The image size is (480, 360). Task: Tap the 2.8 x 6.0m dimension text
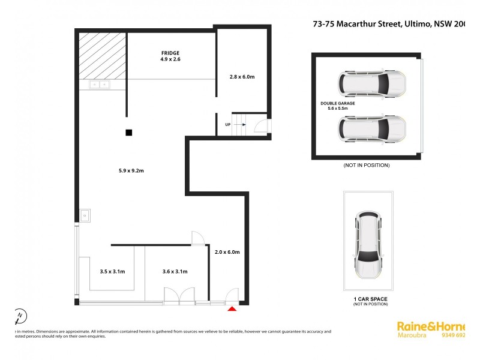[242, 77]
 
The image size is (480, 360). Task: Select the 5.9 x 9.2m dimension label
[131, 171]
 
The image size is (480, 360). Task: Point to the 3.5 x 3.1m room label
[112, 272]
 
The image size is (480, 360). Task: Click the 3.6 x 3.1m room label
[175, 272]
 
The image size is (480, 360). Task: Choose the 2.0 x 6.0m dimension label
[227, 252]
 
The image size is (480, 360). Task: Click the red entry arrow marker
[232, 309]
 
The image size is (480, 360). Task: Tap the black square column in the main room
[128, 133]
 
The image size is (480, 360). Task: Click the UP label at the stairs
[227, 124]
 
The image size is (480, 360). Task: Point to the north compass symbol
[20, 316]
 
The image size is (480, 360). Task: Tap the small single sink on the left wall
[85, 214]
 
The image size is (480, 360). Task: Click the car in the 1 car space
[368, 245]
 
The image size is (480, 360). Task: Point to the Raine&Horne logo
[431, 326]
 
